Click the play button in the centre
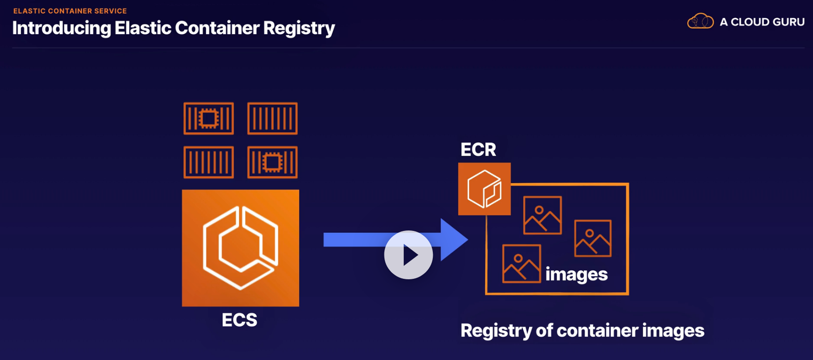click(x=408, y=255)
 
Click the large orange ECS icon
click(x=240, y=248)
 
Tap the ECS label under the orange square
click(x=239, y=320)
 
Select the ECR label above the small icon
click(x=478, y=150)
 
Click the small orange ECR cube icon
click(x=484, y=189)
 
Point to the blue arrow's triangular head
click(x=453, y=240)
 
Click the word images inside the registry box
click(x=576, y=274)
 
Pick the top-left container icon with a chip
click(x=208, y=118)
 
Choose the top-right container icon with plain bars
click(x=272, y=118)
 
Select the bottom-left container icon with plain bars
click(x=208, y=162)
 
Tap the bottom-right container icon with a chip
click(x=272, y=162)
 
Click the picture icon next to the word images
click(x=521, y=264)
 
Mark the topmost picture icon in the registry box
click(x=542, y=215)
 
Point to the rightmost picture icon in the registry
click(x=593, y=238)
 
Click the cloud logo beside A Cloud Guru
click(x=700, y=22)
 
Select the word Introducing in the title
click(x=61, y=28)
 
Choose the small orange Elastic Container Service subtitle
click(x=70, y=11)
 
